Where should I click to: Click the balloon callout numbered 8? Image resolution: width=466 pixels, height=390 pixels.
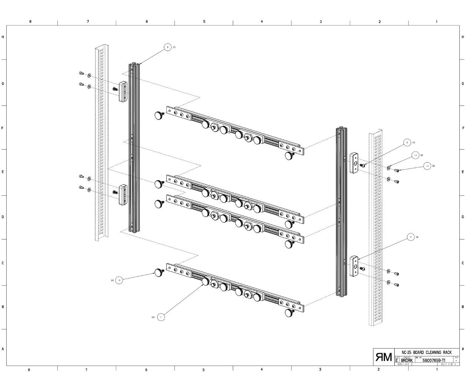[168, 47]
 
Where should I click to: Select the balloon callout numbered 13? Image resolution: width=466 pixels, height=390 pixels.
[415, 155]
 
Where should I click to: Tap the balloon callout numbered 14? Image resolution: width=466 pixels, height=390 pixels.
[428, 166]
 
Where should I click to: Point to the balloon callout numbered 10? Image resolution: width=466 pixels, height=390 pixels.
[119, 280]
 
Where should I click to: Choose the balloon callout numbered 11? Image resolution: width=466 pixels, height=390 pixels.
[161, 317]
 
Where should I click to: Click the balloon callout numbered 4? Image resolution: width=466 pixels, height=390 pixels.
[410, 237]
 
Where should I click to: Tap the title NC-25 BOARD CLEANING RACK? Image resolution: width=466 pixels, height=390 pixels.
[427, 352]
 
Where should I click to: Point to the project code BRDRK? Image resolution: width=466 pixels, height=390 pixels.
[407, 360]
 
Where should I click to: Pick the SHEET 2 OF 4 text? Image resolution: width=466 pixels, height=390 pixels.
[449, 365]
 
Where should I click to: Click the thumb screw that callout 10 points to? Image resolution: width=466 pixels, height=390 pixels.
[159, 273]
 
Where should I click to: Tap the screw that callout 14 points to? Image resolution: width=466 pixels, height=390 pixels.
[397, 171]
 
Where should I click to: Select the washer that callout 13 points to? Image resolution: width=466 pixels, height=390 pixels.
[389, 168]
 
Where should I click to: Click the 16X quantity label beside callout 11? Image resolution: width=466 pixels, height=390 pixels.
[152, 317]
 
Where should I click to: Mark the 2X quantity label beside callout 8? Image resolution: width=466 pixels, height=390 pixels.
[174, 47]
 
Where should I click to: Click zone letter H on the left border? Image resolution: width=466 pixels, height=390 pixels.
[3, 37]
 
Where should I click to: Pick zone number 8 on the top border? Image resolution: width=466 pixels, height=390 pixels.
[30, 21]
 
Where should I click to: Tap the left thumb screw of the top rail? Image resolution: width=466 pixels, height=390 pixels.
[159, 116]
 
